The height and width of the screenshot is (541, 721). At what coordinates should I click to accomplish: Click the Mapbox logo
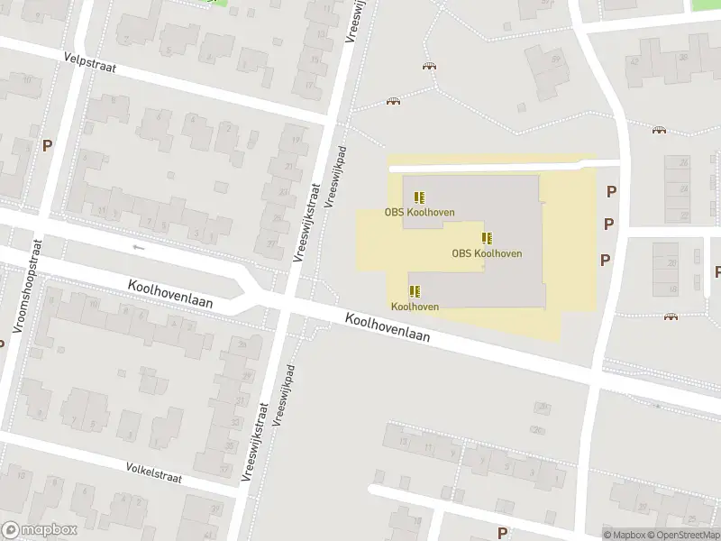(39, 530)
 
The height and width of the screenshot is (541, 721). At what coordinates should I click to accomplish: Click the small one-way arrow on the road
(138, 247)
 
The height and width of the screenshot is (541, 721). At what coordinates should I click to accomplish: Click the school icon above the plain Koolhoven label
(415, 291)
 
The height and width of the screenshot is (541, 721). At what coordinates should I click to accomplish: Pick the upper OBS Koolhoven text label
(419, 213)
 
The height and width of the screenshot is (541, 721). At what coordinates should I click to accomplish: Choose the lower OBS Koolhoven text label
(487, 253)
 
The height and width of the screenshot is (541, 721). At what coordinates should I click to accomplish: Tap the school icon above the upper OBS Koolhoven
(419, 197)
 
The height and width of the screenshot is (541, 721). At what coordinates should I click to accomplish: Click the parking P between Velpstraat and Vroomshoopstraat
(47, 146)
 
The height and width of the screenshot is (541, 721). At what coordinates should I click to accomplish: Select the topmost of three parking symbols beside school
(612, 191)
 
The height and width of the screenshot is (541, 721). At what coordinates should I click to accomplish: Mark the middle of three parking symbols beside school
(608, 224)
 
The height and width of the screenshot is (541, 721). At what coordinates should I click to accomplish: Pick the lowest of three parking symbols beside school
(606, 260)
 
